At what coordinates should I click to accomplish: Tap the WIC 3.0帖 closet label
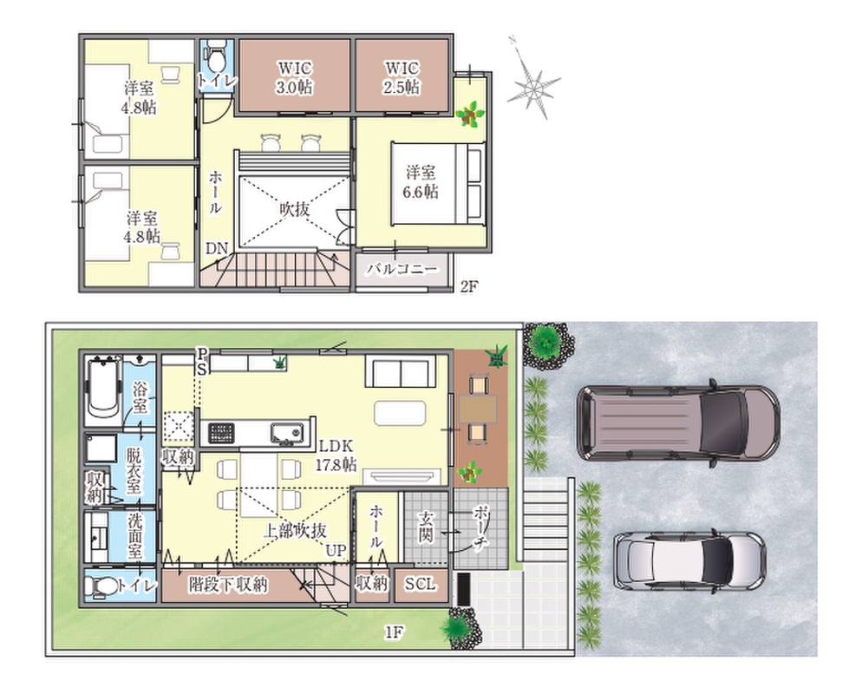[294, 77]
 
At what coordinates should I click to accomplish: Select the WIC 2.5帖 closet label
[402, 77]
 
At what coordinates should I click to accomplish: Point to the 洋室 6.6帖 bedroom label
[421, 182]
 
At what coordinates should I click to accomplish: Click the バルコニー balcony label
[402, 269]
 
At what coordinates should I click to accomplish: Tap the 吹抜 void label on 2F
[295, 208]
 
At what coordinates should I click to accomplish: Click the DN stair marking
[217, 248]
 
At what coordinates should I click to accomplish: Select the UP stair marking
[336, 550]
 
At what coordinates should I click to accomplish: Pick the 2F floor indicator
[469, 286]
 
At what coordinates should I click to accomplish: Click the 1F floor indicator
[394, 632]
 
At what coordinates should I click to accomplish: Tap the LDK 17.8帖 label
[337, 455]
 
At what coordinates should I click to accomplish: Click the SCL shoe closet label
[421, 584]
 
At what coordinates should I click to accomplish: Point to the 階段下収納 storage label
[228, 584]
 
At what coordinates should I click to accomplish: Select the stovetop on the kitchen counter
[222, 434]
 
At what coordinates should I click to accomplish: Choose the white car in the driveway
[689, 560]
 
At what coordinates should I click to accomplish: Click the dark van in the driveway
[678, 423]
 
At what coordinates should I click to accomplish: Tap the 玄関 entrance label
[426, 526]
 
